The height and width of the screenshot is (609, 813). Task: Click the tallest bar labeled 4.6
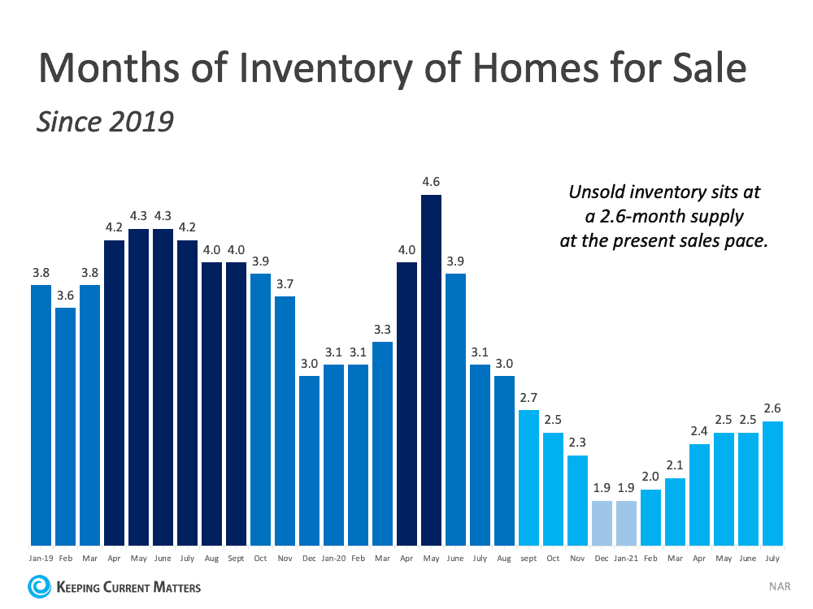pos(431,369)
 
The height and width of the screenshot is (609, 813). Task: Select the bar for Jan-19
pos(41,414)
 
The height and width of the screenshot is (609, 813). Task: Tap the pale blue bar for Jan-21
pos(627,523)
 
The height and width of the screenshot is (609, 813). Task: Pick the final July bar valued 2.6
pos(773,483)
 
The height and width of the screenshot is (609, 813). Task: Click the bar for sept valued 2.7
pos(528,477)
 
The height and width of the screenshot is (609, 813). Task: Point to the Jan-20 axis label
pos(333,559)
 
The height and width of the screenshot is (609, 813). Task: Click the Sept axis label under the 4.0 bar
pos(236,559)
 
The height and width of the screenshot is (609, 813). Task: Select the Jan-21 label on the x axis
pos(627,559)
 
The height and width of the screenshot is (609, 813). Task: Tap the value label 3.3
pos(382,329)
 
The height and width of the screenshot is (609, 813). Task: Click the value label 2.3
pos(577,443)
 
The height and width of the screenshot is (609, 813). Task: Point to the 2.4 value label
pos(699,431)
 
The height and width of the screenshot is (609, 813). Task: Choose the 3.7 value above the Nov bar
pos(285,283)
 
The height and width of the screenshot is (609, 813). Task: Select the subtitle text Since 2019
pos(106,121)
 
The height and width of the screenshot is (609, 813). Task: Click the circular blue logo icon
pos(39,586)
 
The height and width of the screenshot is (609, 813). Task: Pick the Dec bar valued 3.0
pos(309,460)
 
